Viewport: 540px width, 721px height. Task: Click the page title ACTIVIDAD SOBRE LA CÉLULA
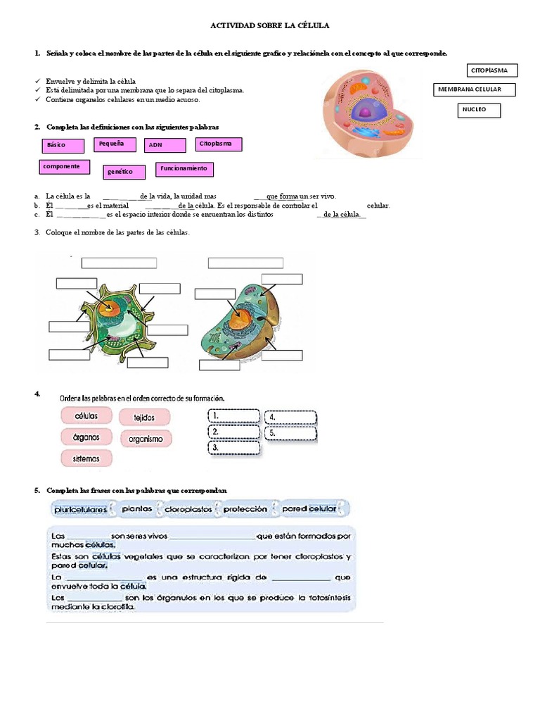click(270, 25)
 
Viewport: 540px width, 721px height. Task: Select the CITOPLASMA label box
click(492, 70)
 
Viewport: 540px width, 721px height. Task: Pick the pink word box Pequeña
click(113, 144)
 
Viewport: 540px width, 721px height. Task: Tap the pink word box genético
click(124, 172)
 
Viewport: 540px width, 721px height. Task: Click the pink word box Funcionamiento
click(184, 169)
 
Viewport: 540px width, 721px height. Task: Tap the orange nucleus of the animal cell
click(241, 320)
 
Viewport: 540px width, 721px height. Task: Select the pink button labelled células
click(85, 415)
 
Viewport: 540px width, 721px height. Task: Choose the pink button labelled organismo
click(146, 439)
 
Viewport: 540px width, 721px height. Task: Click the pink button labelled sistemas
click(85, 459)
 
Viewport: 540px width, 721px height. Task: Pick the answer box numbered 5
click(290, 433)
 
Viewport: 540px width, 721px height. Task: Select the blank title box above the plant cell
click(119, 263)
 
